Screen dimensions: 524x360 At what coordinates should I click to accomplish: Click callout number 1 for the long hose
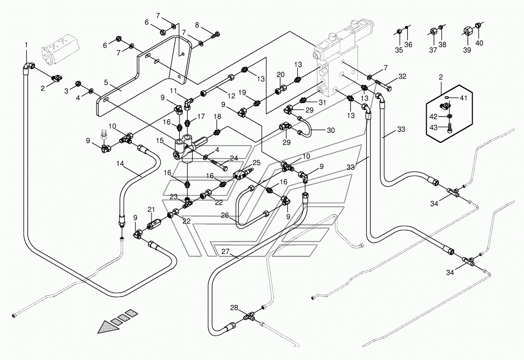(x=26, y=44)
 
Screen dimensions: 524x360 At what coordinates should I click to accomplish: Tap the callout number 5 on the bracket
(x=106, y=82)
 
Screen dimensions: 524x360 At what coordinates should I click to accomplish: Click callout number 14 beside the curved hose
(x=120, y=163)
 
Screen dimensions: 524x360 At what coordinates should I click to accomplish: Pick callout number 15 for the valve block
(x=160, y=141)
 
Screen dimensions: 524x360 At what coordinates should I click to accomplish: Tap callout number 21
(x=151, y=209)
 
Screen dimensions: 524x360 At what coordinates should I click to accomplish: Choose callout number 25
(x=256, y=163)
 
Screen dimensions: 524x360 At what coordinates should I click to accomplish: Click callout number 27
(x=225, y=252)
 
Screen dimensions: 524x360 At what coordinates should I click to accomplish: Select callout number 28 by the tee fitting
(x=234, y=308)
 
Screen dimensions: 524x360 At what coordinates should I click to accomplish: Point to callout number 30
(x=331, y=130)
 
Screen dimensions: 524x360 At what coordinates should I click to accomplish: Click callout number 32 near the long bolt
(x=402, y=76)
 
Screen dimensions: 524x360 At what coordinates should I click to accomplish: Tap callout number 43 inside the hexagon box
(x=433, y=128)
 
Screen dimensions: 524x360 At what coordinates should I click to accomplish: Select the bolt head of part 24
(x=225, y=169)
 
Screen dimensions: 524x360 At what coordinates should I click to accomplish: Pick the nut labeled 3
(x=79, y=84)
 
